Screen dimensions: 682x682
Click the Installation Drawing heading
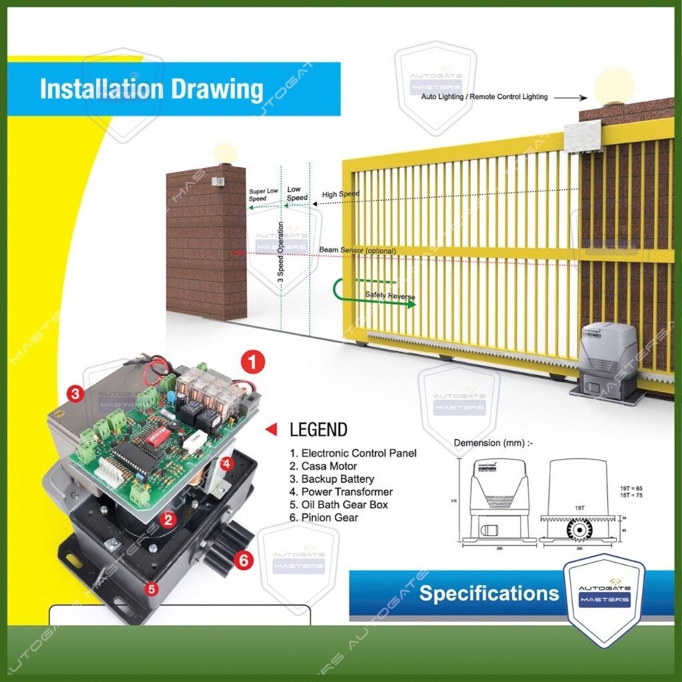pos(151,89)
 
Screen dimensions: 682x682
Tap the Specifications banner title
pos(489,593)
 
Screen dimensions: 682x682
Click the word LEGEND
pos(318,430)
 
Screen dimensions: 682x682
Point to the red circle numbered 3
pos(76,394)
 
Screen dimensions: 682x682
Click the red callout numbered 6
pos(244,561)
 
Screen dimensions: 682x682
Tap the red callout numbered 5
pos(152,588)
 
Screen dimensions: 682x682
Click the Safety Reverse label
pos(390,295)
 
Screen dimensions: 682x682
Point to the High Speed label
pos(340,194)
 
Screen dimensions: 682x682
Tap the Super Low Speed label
pos(263,194)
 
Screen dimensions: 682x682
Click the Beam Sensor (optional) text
pos(357,250)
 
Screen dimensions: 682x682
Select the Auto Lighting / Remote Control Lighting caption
pos(484,97)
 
